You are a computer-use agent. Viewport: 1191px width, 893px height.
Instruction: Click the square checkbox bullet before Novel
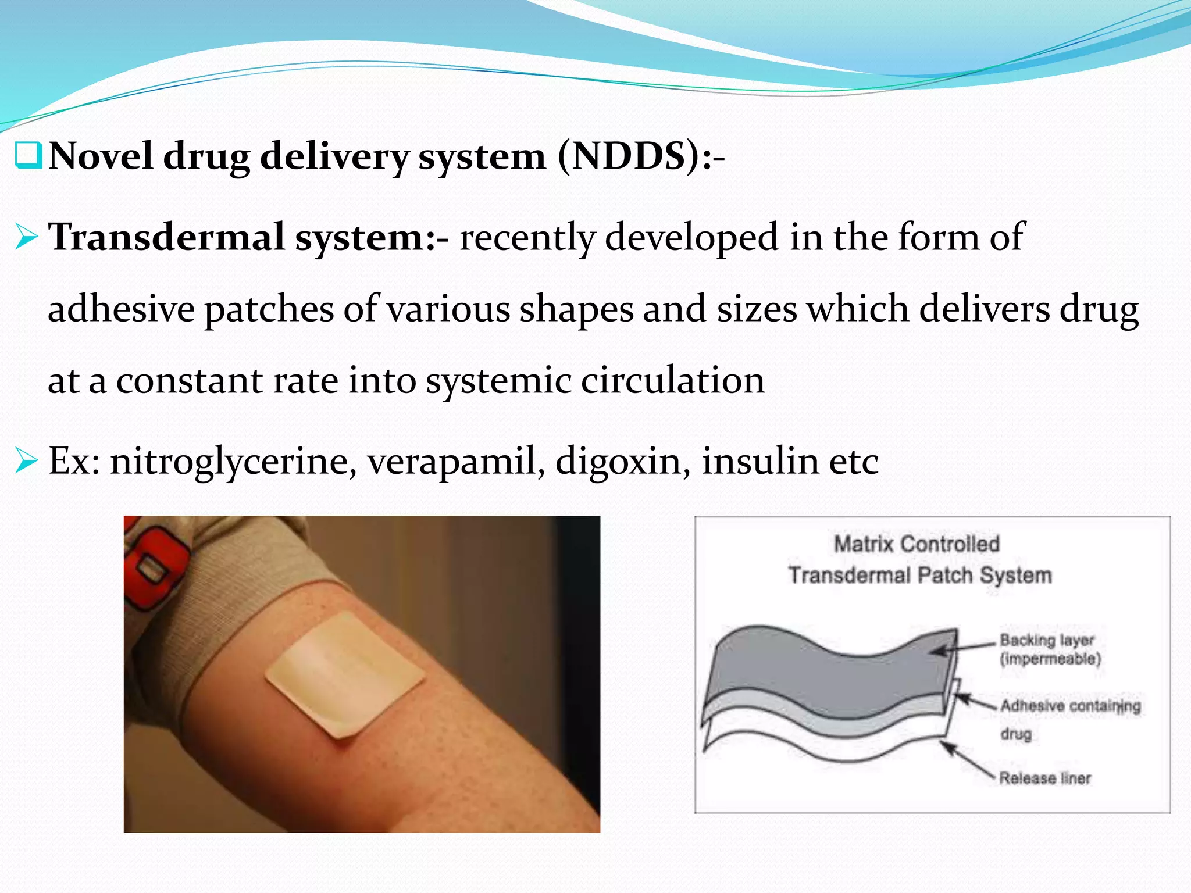[27, 156]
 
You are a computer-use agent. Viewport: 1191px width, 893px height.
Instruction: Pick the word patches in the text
[269, 309]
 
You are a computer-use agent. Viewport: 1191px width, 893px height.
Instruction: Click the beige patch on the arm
[345, 674]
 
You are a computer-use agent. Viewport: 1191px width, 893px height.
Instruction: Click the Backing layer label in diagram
[1047, 640]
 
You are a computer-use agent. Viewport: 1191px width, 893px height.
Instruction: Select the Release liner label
[1045, 778]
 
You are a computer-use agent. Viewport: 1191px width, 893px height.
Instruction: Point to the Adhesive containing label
[1070, 706]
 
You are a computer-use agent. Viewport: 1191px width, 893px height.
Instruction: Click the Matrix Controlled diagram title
[917, 544]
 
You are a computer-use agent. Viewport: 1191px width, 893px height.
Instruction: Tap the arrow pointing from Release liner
[968, 761]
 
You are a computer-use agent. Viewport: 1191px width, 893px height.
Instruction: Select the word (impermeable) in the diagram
[1050, 659]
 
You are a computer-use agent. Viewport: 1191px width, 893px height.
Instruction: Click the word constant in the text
[190, 381]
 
